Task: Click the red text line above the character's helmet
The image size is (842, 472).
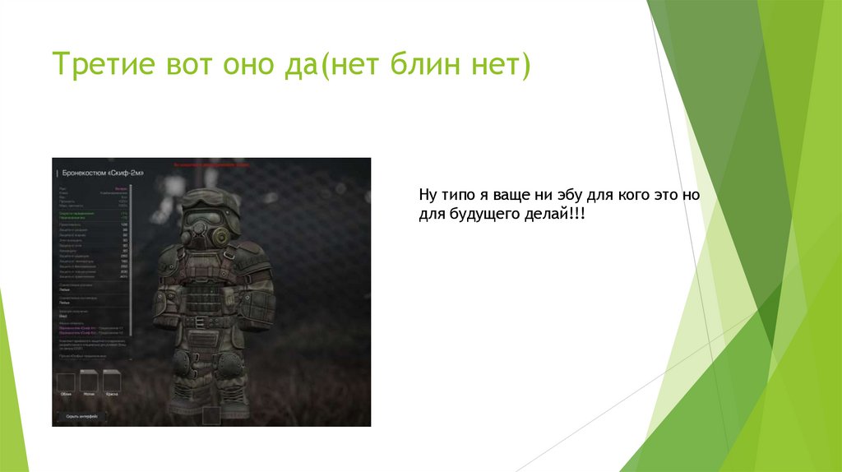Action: pos(213,164)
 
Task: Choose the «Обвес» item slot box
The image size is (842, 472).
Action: pos(66,381)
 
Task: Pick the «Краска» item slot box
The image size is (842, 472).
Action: pos(112,381)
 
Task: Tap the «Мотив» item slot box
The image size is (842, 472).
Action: pos(89,381)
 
